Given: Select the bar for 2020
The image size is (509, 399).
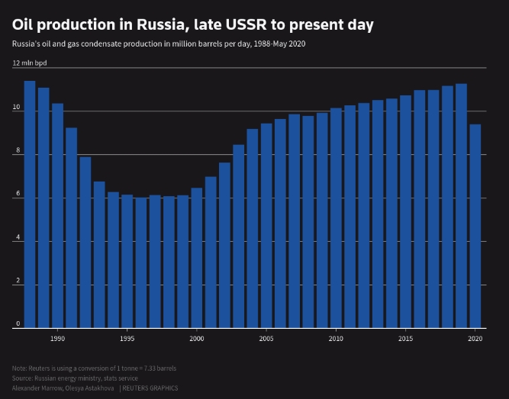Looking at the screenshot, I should (x=475, y=226).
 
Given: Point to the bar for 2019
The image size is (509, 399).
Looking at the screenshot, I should (x=461, y=205).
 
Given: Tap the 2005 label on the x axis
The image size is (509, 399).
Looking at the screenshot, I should (x=266, y=337).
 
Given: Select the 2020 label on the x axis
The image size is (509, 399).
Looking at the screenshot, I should (x=475, y=337).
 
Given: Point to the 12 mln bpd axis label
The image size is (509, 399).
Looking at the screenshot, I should (x=30, y=63).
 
